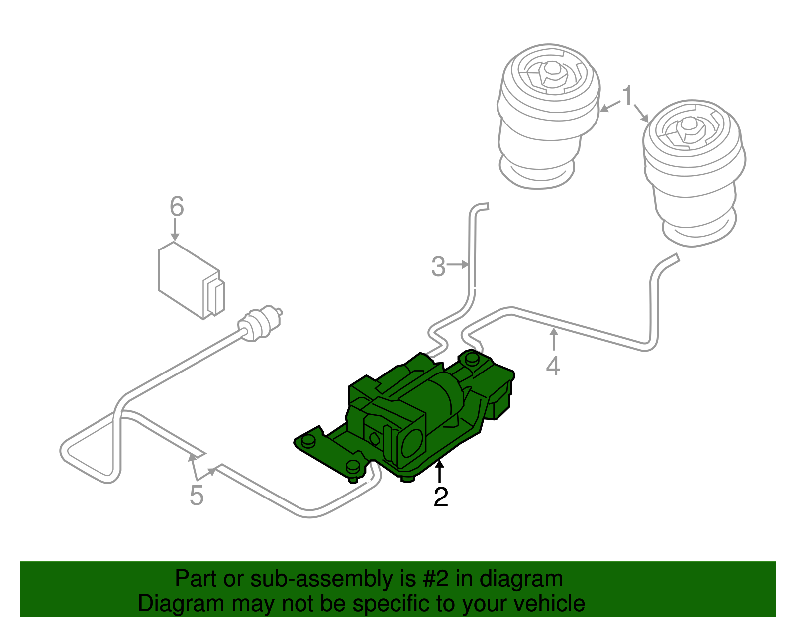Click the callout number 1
click(628, 96)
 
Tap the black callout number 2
click(441, 497)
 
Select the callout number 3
click(438, 266)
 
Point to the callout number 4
click(553, 366)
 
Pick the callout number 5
click(197, 495)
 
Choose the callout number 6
click(177, 206)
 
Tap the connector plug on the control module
click(215, 297)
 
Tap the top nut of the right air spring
click(689, 127)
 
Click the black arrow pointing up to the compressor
click(439, 471)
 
